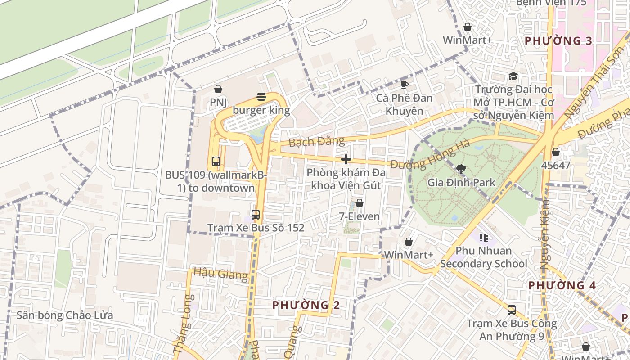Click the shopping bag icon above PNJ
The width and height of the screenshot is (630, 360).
click(x=218, y=89)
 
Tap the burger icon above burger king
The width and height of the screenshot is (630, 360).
click(x=261, y=96)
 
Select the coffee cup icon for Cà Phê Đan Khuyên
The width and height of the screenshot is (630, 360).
click(x=404, y=85)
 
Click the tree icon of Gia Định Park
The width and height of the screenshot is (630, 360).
click(x=461, y=169)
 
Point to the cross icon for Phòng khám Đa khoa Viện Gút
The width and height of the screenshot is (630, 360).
click(x=346, y=159)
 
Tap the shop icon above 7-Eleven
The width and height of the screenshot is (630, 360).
click(x=359, y=203)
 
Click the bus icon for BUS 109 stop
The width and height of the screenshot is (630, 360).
click(x=216, y=161)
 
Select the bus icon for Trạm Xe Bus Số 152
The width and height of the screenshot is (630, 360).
click(x=256, y=215)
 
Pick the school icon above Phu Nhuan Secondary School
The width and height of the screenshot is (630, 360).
click(x=484, y=237)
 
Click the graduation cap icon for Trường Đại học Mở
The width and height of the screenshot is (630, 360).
click(x=513, y=76)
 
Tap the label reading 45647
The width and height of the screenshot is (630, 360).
click(x=556, y=165)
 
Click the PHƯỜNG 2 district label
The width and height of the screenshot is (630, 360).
click(x=306, y=305)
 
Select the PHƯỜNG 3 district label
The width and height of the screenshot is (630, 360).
click(x=558, y=41)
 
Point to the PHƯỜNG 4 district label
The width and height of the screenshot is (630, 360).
click(x=562, y=285)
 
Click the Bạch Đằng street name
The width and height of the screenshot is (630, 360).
click(x=317, y=142)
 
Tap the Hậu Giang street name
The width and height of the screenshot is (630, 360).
click(x=220, y=273)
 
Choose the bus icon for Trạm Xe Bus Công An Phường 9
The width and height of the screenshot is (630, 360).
click(x=512, y=310)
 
